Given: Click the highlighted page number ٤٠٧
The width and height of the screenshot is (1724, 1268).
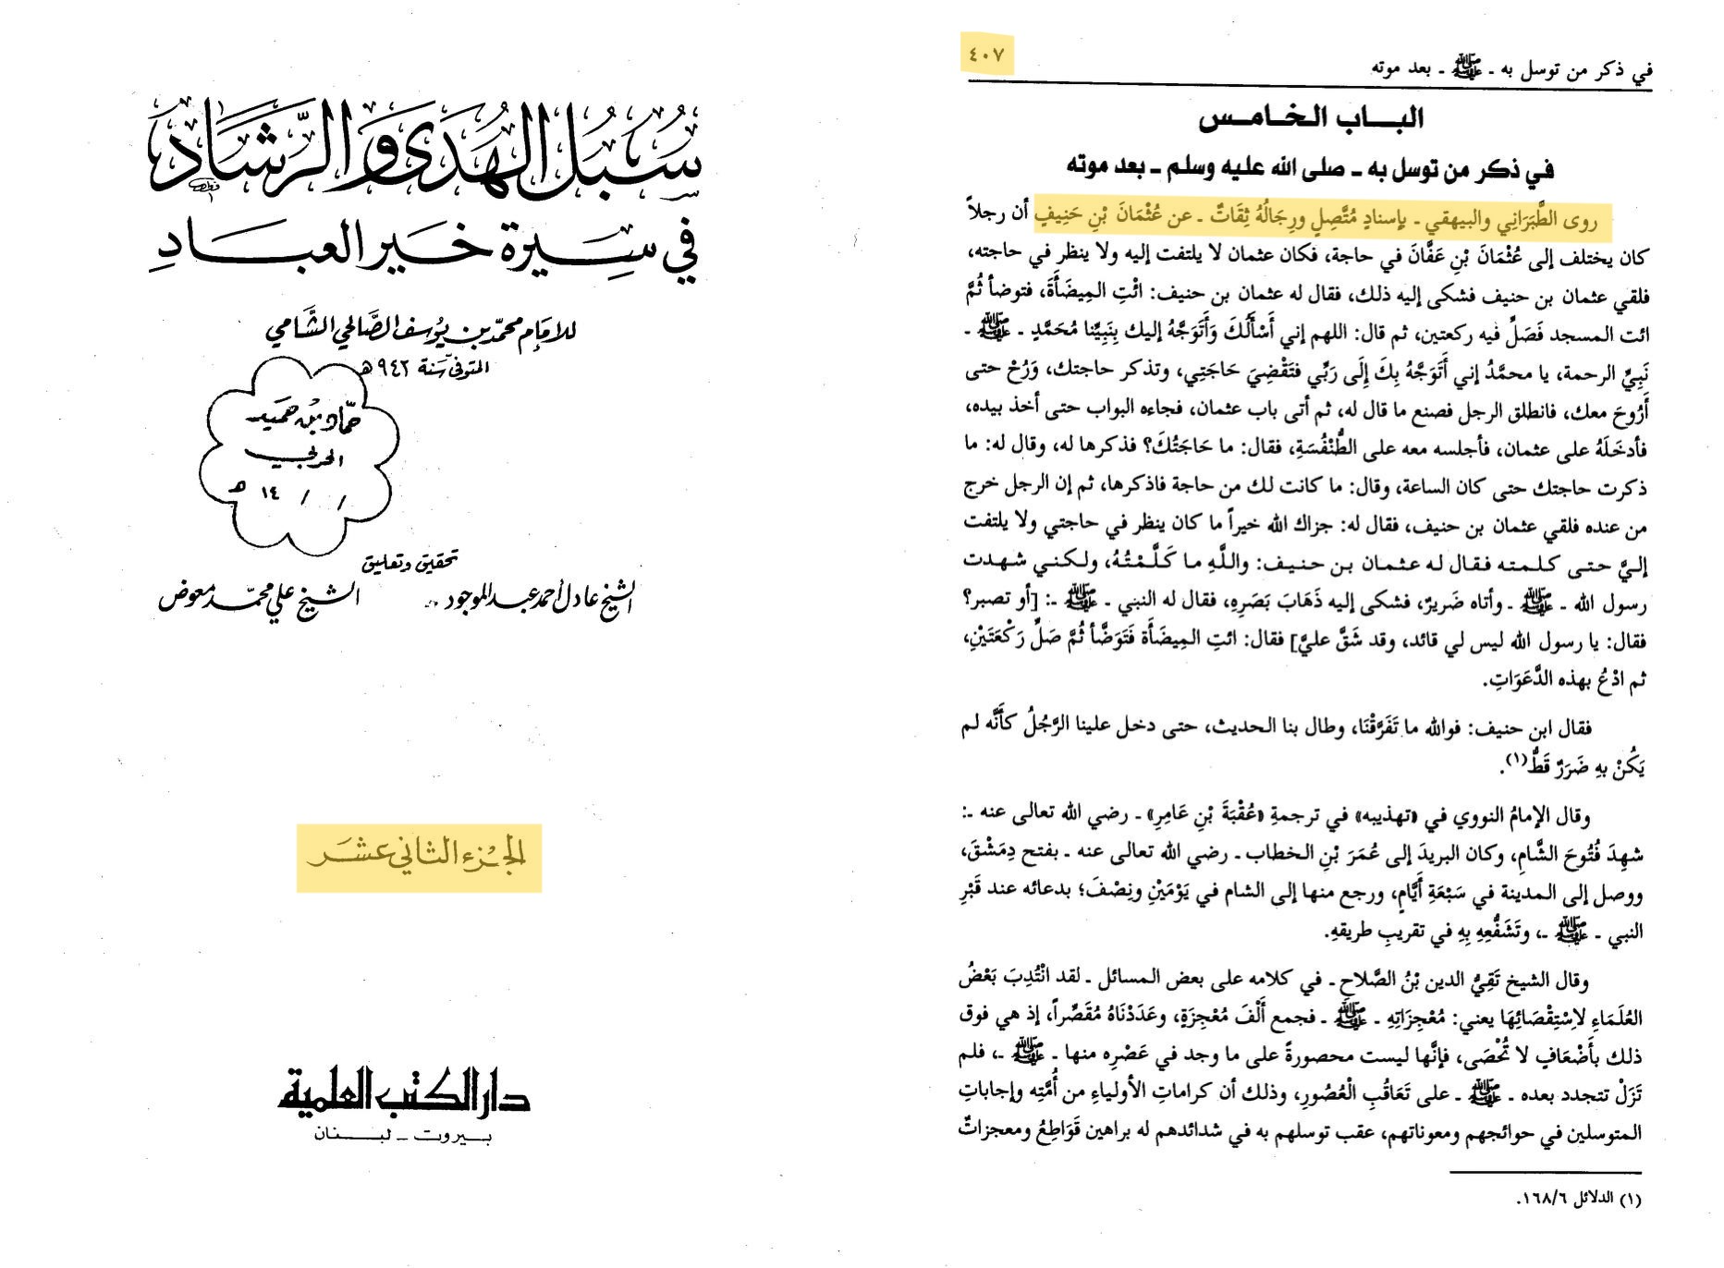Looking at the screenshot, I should click(986, 55).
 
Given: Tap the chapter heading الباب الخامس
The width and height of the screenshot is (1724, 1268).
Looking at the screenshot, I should click(1310, 118).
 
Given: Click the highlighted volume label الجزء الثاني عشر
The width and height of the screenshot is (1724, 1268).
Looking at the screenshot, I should click(418, 855).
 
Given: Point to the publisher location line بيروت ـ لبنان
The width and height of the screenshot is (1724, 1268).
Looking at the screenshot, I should click(403, 1135).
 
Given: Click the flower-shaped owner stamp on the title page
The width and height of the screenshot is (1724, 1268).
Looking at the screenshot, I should click(299, 453).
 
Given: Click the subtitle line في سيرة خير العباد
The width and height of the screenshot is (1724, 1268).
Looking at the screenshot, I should click(425, 250).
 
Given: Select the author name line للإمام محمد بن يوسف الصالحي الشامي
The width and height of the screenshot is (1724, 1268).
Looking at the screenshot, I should click(421, 330).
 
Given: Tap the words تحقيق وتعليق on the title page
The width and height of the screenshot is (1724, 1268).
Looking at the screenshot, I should click(410, 561).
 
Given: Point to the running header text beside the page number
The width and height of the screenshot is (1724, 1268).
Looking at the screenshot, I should click(1511, 67).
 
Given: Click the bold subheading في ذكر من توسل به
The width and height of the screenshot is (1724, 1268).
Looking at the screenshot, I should click(1310, 168).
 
